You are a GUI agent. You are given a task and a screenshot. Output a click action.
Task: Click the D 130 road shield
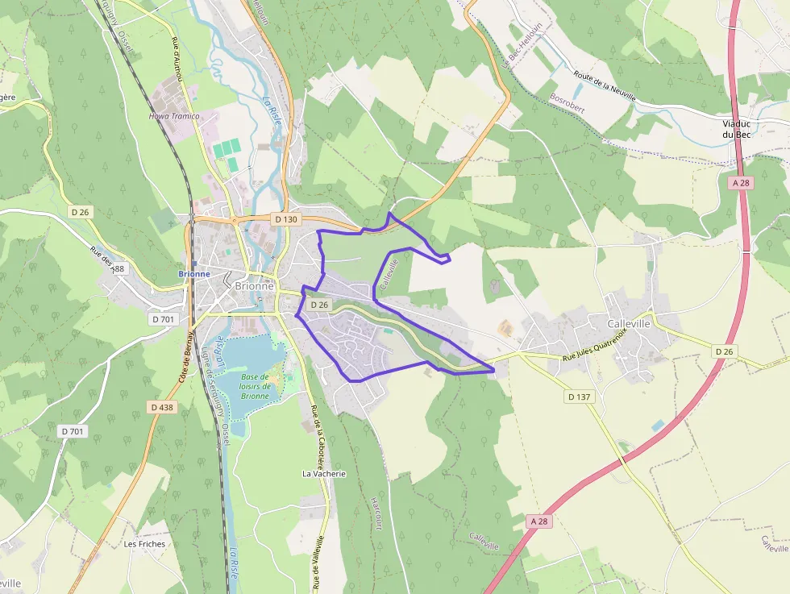click(x=286, y=218)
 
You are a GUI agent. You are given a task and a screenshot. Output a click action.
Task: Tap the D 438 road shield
click(x=162, y=407)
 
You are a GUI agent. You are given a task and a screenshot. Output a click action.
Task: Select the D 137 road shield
click(x=580, y=397)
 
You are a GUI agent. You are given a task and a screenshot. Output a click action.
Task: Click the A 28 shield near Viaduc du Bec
click(x=742, y=183)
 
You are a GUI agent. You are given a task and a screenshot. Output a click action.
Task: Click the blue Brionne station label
click(x=194, y=274)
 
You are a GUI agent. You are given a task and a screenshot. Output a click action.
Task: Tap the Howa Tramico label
click(x=173, y=116)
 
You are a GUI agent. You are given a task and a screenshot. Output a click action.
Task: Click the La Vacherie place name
click(x=324, y=474)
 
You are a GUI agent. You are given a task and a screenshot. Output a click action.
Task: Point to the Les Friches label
click(x=144, y=544)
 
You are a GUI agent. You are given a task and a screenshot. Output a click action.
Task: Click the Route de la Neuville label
click(x=605, y=86)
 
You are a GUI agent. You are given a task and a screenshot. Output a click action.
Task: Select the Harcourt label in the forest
click(x=376, y=513)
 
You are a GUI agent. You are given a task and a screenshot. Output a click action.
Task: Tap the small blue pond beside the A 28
click(x=659, y=425)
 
